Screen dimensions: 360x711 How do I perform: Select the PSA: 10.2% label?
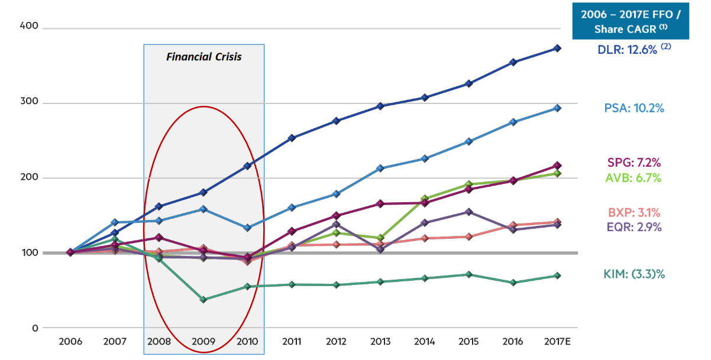tap(634, 108)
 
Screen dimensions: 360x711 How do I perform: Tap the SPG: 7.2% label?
tap(634, 163)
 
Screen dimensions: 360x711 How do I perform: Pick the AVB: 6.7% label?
tap(634, 178)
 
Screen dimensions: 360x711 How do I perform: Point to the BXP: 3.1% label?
tap(634, 213)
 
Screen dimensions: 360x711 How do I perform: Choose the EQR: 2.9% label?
tap(634, 227)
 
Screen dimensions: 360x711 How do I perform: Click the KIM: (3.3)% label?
tap(634, 274)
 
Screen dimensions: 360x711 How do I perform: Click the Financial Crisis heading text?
tap(203, 57)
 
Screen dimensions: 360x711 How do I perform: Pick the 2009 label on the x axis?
tap(203, 342)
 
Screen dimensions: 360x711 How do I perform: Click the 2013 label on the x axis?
tap(380, 342)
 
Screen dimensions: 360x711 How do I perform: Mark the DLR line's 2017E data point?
tap(557, 48)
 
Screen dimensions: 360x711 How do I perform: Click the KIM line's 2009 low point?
tap(203, 300)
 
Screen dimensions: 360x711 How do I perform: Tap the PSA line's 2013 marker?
tap(380, 168)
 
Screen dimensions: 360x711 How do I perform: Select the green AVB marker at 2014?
tap(425, 199)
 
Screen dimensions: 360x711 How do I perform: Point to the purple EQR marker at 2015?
tap(468, 212)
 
